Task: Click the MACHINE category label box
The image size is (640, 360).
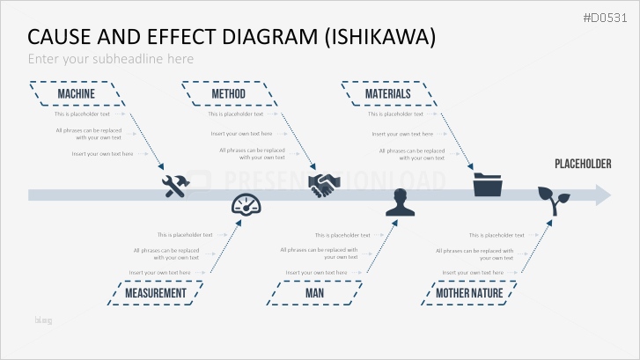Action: click(x=77, y=94)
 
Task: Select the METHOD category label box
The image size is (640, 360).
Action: click(x=229, y=94)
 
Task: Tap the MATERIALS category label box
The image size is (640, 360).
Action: click(x=388, y=94)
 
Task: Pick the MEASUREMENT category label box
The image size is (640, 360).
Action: click(x=156, y=293)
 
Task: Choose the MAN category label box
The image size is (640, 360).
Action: click(x=314, y=293)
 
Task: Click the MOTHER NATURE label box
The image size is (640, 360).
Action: click(x=469, y=293)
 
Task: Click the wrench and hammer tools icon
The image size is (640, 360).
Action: click(x=176, y=185)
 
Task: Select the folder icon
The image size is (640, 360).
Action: click(x=487, y=184)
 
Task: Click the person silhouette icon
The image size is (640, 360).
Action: click(x=401, y=205)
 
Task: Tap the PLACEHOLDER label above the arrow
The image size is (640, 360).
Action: click(x=583, y=165)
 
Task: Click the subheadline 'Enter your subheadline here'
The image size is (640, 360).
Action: click(x=110, y=59)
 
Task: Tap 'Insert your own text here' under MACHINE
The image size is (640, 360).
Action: click(x=103, y=154)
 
